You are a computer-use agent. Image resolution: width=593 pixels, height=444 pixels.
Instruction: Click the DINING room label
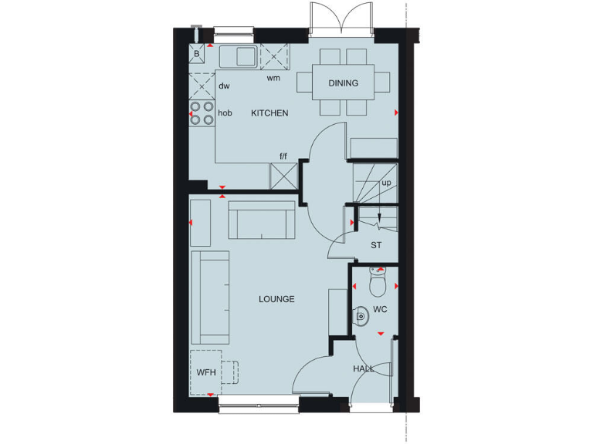[x=343, y=83]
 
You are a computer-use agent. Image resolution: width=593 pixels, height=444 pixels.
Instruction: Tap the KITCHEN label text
[x=269, y=113]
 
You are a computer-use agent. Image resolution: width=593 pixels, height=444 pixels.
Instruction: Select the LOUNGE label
[x=276, y=299]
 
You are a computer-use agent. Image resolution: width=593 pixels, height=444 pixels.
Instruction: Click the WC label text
[x=380, y=309]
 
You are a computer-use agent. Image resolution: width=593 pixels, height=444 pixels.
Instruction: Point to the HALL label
[x=364, y=368]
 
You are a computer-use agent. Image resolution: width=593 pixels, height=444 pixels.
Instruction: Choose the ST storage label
[x=377, y=246]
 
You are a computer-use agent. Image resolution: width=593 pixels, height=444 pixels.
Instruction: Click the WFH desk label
[x=205, y=372]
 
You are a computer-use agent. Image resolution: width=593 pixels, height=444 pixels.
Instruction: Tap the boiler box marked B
[x=197, y=55]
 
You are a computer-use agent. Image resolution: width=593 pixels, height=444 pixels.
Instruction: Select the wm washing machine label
[x=273, y=78]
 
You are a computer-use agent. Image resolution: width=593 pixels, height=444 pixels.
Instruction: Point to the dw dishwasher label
[x=224, y=86]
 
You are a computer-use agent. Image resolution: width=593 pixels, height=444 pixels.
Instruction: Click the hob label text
[x=225, y=113]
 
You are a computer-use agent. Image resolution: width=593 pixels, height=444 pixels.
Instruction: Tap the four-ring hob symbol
[x=202, y=113]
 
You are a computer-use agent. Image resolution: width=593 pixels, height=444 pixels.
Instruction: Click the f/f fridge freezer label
[x=283, y=156]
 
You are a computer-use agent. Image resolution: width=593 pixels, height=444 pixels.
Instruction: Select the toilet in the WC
[x=377, y=284]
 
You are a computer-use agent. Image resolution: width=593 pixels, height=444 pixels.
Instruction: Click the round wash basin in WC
[x=361, y=314]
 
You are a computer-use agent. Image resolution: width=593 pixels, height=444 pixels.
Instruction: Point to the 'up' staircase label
[x=386, y=183]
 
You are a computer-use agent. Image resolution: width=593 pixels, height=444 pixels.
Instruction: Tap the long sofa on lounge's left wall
[x=210, y=297]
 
